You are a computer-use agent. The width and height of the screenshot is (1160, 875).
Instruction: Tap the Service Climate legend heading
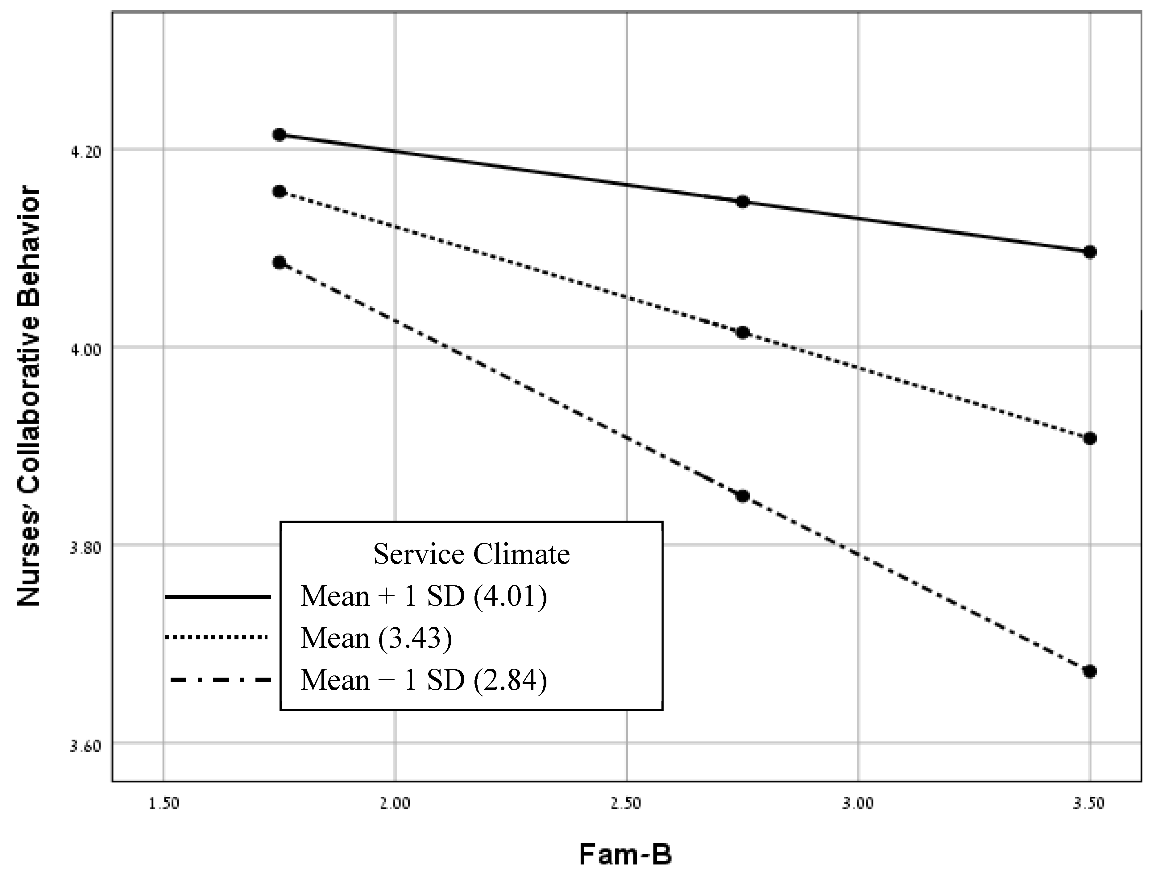pos(471,554)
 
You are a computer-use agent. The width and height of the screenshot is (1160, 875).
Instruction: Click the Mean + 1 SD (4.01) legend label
pos(424,596)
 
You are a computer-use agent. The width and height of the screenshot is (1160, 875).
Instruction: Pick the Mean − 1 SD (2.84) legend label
pos(424,680)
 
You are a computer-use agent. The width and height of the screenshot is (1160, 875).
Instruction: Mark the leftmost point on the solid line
pos(280,135)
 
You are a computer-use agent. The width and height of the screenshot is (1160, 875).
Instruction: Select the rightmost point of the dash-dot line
pos(1090,671)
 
